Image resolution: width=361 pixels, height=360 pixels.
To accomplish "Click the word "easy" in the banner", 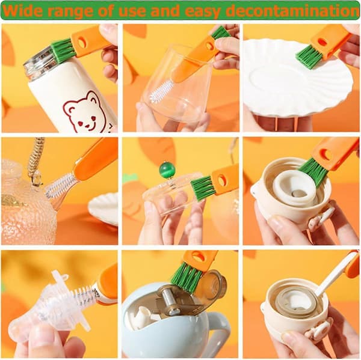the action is pos(202,11).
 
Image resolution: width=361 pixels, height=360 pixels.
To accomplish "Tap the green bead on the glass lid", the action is pos(167,169).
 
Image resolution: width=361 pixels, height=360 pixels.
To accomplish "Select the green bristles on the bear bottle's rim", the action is pos(63,51).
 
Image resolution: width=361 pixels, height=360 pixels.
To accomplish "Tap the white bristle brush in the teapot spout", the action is pos(60,185).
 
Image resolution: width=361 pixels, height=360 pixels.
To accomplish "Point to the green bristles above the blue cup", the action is pos(187,278).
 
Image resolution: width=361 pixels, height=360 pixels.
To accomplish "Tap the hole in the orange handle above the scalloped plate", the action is pos(322,42).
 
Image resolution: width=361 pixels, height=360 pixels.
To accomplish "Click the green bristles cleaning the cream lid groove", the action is pos(313,171).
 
